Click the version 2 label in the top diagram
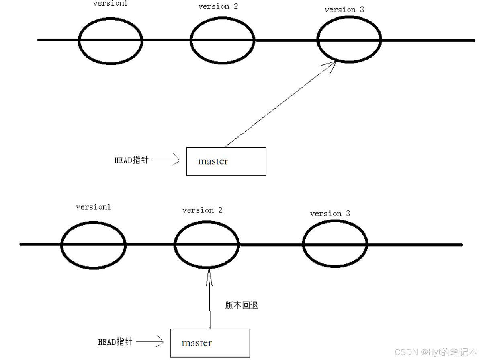(218, 6)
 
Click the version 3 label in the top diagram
(344, 9)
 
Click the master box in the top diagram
(226, 161)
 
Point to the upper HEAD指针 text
(131, 160)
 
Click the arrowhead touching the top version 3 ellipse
(332, 65)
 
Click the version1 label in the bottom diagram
(93, 207)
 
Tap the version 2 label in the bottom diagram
(202, 210)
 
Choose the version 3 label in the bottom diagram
(330, 213)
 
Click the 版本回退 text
(242, 305)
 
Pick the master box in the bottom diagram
(210, 343)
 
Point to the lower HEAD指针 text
(115, 342)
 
